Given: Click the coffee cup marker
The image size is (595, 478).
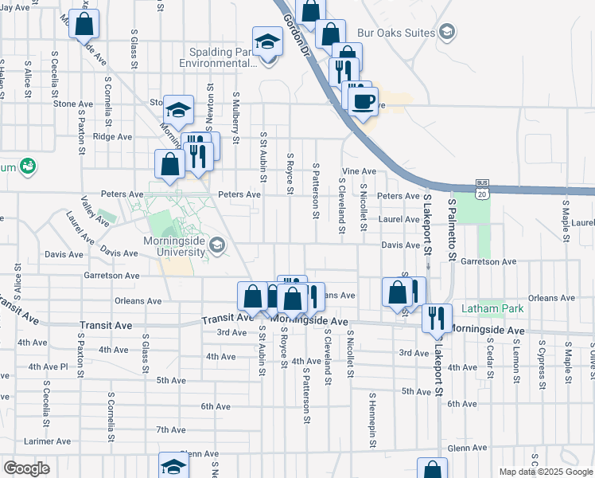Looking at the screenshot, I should tap(364, 101).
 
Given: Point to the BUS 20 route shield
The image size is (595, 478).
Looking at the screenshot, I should tap(481, 187).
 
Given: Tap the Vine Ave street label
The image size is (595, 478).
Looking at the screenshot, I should tap(358, 171).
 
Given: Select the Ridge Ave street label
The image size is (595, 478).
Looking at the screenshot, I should tap(112, 136).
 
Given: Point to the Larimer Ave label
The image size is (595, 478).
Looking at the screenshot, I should tap(48, 441).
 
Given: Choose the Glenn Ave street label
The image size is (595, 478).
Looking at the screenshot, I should tap(467, 449).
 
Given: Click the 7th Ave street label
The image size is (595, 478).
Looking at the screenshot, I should tap(170, 429).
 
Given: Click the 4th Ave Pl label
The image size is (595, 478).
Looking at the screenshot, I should tap(48, 366).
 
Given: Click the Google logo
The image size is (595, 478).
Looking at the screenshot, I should tap(26, 468).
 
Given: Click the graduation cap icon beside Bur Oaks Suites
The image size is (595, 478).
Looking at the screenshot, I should tap(447, 32).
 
